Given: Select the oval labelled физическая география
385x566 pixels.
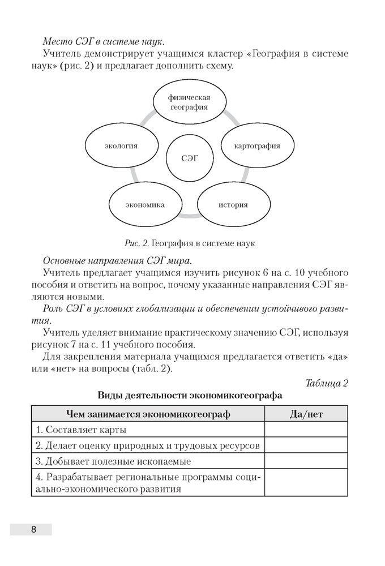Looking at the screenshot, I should tap(190, 102).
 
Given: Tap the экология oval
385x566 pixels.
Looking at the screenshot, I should tap(121, 145).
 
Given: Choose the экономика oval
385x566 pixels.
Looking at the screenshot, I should tap(145, 204).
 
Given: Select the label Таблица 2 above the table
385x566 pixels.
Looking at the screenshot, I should tap(327, 383).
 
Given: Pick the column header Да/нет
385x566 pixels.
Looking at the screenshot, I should tap(306, 414).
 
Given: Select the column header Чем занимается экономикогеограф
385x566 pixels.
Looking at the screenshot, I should tap(148, 414).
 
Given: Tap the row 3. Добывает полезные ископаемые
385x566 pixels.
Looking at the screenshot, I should tap(148, 461).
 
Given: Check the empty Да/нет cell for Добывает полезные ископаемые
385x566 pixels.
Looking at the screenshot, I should tap(306, 461).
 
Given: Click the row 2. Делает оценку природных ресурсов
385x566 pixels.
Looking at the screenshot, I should tap(148, 445).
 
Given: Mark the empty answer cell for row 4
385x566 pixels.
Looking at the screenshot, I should tap(306, 482).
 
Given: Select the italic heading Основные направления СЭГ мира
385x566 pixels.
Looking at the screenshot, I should tap(117, 260).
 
